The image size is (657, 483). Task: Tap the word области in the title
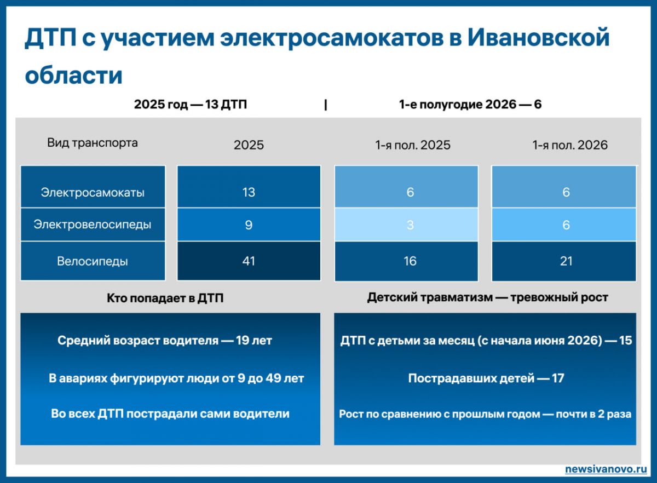[x=73, y=75]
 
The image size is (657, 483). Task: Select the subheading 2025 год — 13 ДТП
[x=191, y=105]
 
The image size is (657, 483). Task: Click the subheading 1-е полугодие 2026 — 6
[x=470, y=105]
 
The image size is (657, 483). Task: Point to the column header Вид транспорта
[x=93, y=143]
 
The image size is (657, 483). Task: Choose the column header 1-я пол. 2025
[x=413, y=145]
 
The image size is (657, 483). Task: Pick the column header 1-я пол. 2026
[x=570, y=145]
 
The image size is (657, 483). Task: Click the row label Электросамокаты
[x=93, y=193]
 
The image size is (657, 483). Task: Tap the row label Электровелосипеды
[x=93, y=225]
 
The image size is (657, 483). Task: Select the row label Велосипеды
[x=93, y=261]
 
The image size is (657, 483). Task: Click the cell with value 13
[x=249, y=187]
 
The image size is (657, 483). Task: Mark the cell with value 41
[x=249, y=261]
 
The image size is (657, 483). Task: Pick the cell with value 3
[x=406, y=225]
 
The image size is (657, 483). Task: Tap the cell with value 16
[x=406, y=261]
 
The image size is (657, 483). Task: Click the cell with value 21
[x=564, y=261]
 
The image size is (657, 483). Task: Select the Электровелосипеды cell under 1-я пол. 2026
[x=564, y=225]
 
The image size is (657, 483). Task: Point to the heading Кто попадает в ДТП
[x=165, y=298]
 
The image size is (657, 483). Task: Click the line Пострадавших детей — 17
[x=486, y=378]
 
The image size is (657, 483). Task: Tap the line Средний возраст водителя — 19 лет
[x=165, y=341]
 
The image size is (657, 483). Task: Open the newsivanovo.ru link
[x=606, y=469]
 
